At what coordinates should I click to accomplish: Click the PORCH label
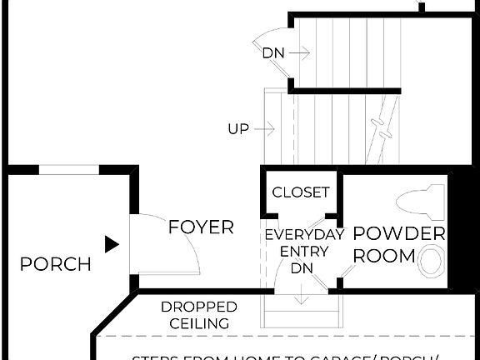point(56,265)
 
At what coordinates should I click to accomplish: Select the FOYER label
point(201,227)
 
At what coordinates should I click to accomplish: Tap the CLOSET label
point(301,192)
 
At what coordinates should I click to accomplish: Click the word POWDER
point(400,234)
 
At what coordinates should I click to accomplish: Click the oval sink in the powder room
point(431,260)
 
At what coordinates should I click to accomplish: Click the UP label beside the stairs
point(239,129)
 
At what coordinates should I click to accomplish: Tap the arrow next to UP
point(266,129)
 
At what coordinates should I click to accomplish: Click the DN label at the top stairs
point(273,53)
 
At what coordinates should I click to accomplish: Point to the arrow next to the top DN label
point(301,53)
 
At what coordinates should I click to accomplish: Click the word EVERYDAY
point(305,235)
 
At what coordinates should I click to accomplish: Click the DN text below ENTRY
point(302,268)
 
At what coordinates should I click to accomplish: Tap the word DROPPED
point(199,307)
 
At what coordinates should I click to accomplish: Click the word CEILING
point(199,323)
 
